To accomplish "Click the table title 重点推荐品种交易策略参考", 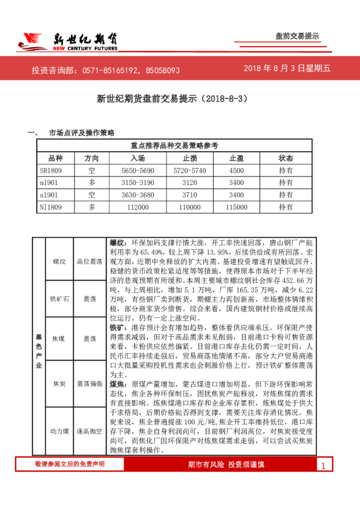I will coord(175,145).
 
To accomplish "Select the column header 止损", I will coord(189,158).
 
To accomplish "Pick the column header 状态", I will coord(286,158).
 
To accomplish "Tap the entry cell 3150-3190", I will coord(138,183).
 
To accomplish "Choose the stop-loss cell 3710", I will coord(189,195).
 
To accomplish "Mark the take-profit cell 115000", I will coord(237,207).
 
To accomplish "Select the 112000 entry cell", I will coord(138,207).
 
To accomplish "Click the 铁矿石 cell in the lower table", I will coord(59,299).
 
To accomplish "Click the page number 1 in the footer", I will coord(324,465).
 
